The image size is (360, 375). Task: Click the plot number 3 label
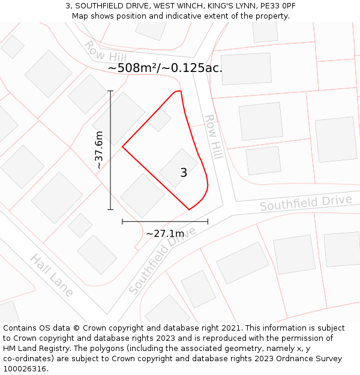(184, 173)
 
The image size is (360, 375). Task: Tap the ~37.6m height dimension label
(99, 149)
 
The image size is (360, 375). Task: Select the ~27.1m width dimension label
(165, 233)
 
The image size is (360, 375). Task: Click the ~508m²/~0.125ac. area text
(165, 68)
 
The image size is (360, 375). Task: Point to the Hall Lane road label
(52, 275)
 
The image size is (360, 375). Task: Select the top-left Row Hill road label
(101, 52)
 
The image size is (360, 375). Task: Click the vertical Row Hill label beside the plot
(214, 137)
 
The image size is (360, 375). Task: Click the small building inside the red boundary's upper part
(160, 119)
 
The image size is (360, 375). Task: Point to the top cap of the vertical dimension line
(110, 91)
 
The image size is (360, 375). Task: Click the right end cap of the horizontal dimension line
(208, 221)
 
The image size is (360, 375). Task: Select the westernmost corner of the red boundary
(122, 146)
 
